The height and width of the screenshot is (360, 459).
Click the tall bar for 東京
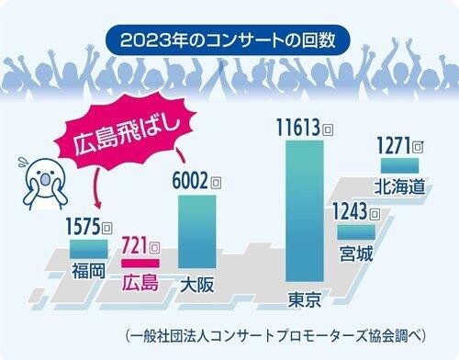[x=305, y=211]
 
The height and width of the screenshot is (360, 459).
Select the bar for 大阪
[x=197, y=231]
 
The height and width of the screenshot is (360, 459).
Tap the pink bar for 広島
[x=140, y=264]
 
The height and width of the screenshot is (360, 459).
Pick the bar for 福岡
[x=89, y=249]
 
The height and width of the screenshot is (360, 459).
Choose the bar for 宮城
[x=356, y=232]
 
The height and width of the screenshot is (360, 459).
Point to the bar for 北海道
[x=399, y=165]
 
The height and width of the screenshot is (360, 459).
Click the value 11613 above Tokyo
[x=298, y=128]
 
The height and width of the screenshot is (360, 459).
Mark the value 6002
[x=190, y=180]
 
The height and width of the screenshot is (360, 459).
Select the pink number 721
[x=135, y=245]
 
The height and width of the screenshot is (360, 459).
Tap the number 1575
[x=84, y=226]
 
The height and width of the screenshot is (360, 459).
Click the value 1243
[x=350, y=211]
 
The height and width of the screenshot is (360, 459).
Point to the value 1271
[x=393, y=145]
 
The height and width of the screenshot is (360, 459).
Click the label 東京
[x=305, y=299]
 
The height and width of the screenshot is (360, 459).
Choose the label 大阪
[x=197, y=286]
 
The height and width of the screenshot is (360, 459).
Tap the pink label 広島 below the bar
[x=140, y=282]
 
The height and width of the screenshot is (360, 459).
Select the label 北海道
[x=400, y=186]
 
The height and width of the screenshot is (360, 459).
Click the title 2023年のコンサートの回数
[x=228, y=40]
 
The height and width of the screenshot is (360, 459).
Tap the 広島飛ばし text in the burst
[x=127, y=135]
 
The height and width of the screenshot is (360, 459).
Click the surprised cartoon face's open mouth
[x=45, y=180]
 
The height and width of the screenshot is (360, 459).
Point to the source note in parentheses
[x=275, y=336]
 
